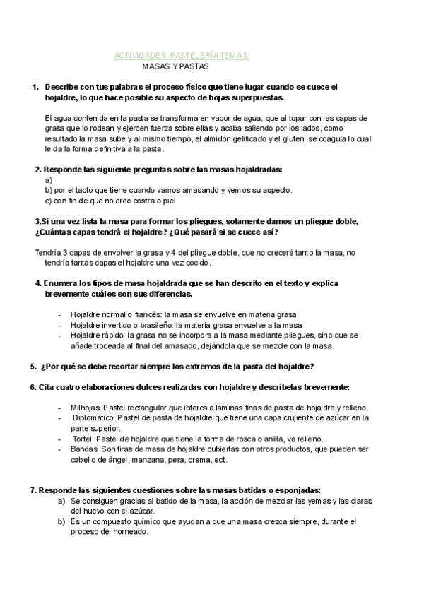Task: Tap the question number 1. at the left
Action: (x=35, y=87)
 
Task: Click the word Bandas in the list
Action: (x=84, y=450)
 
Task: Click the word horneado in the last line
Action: (x=132, y=532)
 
